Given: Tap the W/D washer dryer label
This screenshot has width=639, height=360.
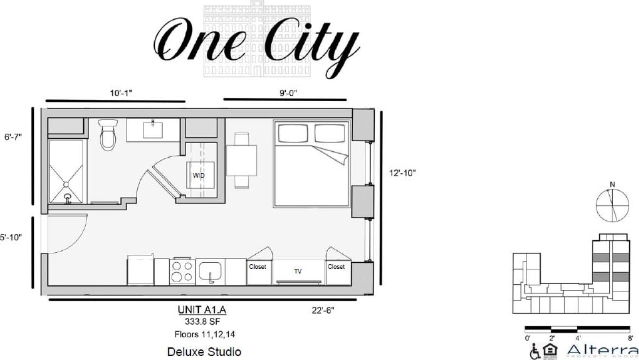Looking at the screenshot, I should pyautogui.click(x=198, y=176).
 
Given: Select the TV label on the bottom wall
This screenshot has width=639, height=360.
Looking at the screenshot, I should pyautogui.click(x=298, y=271).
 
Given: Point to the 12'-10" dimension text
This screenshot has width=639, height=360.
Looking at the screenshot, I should pyautogui.click(x=402, y=172).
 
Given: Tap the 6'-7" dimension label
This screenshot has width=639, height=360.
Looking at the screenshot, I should pyautogui.click(x=13, y=137).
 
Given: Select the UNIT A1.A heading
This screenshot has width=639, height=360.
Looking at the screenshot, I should pyautogui.click(x=207, y=309).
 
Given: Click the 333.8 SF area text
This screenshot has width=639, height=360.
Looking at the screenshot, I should pyautogui.click(x=207, y=321).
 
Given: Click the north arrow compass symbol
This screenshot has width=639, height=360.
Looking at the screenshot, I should pyautogui.click(x=612, y=205).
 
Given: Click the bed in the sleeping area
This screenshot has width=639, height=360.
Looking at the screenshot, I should pyautogui.click(x=311, y=163).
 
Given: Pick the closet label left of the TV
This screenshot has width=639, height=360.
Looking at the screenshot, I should pyautogui.click(x=257, y=267).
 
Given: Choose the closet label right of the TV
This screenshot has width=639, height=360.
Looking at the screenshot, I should pyautogui.click(x=336, y=267).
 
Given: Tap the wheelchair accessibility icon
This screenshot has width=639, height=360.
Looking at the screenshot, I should pyautogui.click(x=535, y=351).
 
